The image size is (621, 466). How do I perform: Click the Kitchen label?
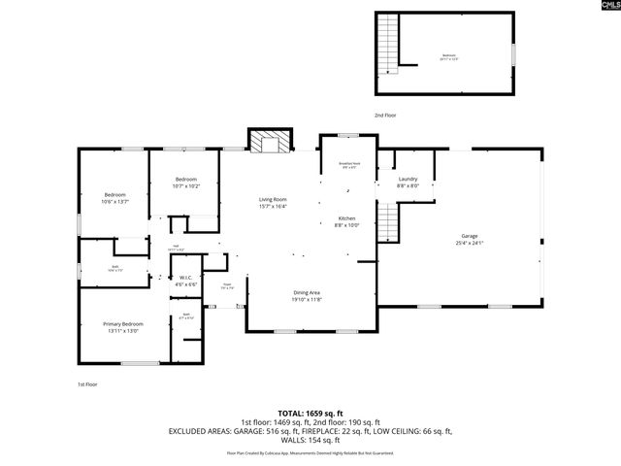click(347, 221)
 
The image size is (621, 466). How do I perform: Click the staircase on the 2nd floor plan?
click(388, 46)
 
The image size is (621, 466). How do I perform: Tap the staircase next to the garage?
click(388, 224)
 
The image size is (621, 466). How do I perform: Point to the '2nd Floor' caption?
click(385, 115)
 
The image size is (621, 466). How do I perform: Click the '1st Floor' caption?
click(88, 384)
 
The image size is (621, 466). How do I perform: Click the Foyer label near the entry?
click(226, 286)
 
